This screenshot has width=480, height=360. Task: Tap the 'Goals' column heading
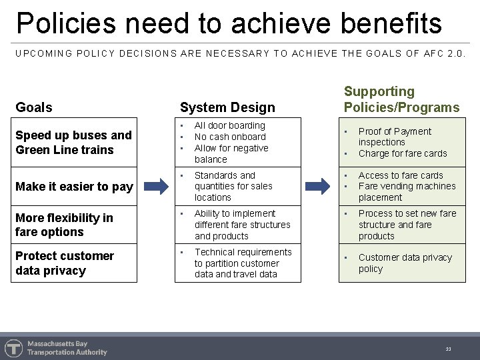(34, 107)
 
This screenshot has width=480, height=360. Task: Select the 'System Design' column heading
(227, 107)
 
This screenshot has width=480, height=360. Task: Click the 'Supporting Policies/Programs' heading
(401, 99)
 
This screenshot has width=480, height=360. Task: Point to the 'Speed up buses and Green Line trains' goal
(73, 143)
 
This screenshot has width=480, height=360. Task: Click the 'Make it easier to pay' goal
(74, 187)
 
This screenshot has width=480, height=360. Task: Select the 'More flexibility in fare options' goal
(64, 225)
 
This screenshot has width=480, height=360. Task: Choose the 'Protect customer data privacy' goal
(65, 263)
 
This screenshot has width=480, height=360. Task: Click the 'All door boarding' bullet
(229, 125)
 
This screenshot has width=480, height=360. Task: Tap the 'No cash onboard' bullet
(230, 137)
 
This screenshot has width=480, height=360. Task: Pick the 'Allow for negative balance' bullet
(231, 154)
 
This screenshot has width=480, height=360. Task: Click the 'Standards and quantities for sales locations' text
(233, 187)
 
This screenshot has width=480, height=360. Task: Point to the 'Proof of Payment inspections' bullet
(395, 137)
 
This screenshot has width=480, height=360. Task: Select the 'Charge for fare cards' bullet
(403, 153)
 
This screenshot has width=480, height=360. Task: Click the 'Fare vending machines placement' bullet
(407, 192)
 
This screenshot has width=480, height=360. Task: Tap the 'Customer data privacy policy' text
(405, 263)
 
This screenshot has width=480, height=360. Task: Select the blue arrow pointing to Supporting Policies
(321, 186)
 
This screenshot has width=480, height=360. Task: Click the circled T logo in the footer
(13, 348)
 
